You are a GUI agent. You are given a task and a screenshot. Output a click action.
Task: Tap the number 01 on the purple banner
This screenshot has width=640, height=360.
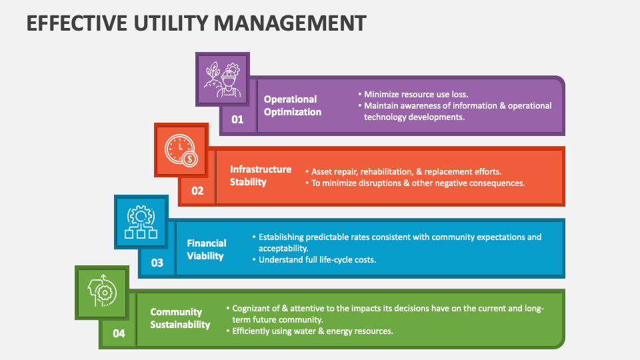pos(237,120)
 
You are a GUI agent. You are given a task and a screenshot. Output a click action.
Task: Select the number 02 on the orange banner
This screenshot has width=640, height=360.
pos(197,191)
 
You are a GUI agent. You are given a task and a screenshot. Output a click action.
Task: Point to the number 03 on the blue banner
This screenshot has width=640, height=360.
pos(157,263)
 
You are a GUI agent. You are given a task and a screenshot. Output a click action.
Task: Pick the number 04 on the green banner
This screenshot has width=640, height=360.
pos(118,333)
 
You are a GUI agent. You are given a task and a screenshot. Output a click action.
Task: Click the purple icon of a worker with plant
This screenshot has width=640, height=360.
pos(222,79)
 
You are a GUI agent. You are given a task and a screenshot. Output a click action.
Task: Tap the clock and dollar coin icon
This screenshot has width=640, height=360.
pos(181,150)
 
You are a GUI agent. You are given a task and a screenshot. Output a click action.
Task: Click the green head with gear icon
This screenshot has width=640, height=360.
pos(101,293)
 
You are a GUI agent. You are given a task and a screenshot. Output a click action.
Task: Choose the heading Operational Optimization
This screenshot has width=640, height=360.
pos(292,105)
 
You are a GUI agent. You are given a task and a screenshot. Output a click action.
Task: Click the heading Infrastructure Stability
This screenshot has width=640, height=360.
pos(261,175)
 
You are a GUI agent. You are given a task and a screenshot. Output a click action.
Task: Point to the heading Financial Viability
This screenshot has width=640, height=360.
pos(206,249)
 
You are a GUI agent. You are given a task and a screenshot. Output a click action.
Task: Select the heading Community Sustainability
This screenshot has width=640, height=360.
pos(180,318)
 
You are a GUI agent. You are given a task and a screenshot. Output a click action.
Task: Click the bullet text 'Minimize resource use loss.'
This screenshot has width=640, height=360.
pos(416,94)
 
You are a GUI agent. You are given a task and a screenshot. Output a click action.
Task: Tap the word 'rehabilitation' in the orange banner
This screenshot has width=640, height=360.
pos(389,171)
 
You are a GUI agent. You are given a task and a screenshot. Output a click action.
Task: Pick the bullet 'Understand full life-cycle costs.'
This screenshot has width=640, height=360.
pos(317,259)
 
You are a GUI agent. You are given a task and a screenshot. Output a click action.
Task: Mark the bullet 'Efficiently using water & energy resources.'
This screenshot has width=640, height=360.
pos(313,331)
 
